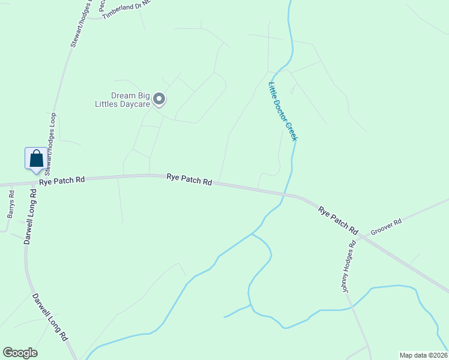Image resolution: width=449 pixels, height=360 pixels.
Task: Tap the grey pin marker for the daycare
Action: (159, 98)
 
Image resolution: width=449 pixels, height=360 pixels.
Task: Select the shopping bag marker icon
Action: (36, 159)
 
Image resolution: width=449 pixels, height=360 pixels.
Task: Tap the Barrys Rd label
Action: (11, 205)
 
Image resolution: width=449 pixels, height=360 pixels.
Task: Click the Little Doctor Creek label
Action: (283, 112)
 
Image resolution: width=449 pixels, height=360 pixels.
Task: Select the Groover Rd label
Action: (385, 227)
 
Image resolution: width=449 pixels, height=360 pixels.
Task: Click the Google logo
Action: (20, 353)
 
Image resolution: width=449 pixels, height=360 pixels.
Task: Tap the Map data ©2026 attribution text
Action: (423, 355)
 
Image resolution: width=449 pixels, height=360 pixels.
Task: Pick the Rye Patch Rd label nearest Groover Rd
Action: (338, 220)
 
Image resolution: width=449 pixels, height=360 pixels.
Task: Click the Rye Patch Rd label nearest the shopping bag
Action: (62, 181)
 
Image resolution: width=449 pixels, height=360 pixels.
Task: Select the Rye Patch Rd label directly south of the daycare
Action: (189, 179)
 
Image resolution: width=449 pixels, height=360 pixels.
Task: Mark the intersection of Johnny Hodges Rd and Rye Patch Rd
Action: (360, 235)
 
